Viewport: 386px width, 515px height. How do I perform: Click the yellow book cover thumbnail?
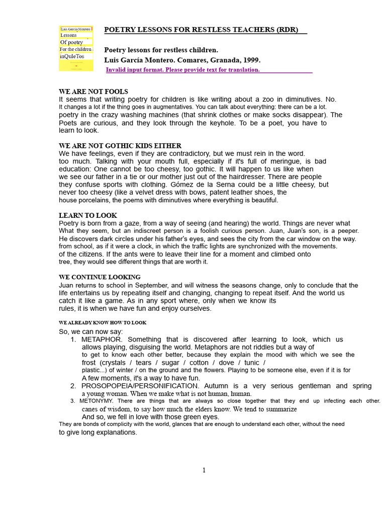click(76, 48)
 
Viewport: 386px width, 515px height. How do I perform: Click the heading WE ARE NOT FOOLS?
click(93, 92)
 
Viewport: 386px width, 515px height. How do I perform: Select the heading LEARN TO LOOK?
click(88, 216)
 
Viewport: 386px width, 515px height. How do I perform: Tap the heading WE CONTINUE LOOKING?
click(100, 277)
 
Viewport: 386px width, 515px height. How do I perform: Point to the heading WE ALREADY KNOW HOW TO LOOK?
click(103, 322)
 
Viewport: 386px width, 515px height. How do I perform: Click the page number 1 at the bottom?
click(204, 470)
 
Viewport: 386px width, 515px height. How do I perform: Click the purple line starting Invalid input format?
click(183, 70)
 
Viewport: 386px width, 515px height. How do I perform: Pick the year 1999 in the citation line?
click(251, 60)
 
